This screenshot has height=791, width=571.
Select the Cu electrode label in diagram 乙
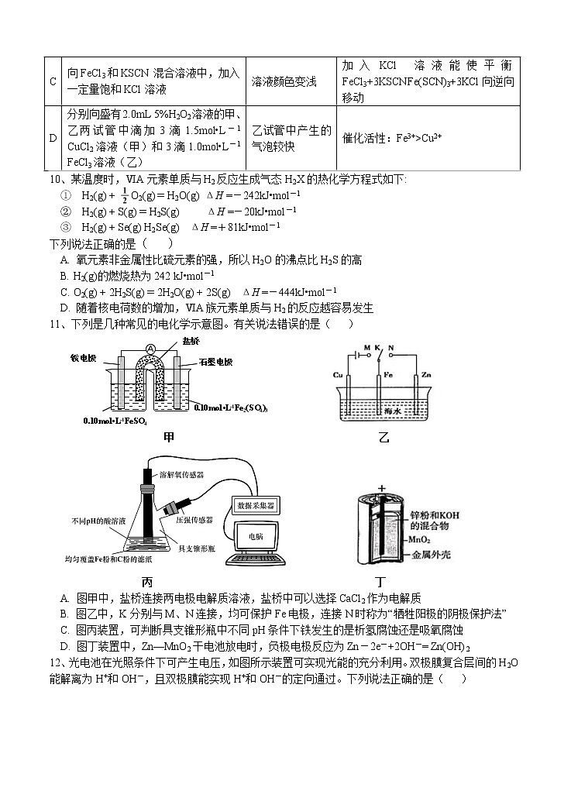pyautogui.click(x=338, y=374)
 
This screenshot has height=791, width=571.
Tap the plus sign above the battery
pyautogui.click(x=381, y=488)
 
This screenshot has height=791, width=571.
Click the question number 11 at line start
pyautogui.click(x=56, y=324)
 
